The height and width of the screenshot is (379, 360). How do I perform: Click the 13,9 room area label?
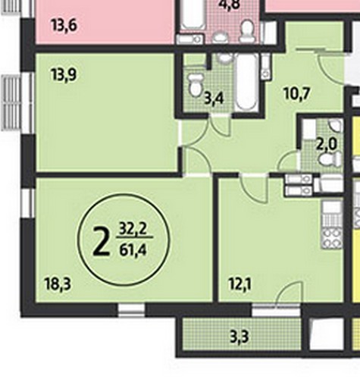click(64, 75)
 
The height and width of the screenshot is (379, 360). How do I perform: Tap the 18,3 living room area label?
click(58, 284)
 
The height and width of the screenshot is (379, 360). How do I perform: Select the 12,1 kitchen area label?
click(239, 284)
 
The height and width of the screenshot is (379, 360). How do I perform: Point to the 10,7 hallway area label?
click(296, 93)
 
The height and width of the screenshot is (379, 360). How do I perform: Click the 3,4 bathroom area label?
click(214, 99)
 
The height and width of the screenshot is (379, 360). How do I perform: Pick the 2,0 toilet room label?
click(327, 145)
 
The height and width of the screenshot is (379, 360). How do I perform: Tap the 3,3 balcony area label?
click(239, 337)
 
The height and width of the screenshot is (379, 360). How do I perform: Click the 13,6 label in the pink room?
click(64, 26)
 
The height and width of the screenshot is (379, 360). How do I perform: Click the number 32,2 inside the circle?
click(133, 230)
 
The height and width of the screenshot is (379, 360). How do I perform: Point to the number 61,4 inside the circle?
click(133, 251)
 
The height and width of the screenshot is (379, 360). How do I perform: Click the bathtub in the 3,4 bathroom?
click(246, 82)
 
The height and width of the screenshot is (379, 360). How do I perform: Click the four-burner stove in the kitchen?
click(332, 237)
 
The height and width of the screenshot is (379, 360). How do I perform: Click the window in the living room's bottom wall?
click(131, 310)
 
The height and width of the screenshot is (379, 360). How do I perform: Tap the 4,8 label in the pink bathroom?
click(230, 5)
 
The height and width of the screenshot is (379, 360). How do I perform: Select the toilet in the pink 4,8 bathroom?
click(247, 31)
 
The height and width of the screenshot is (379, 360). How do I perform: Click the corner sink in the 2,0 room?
click(336, 125)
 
